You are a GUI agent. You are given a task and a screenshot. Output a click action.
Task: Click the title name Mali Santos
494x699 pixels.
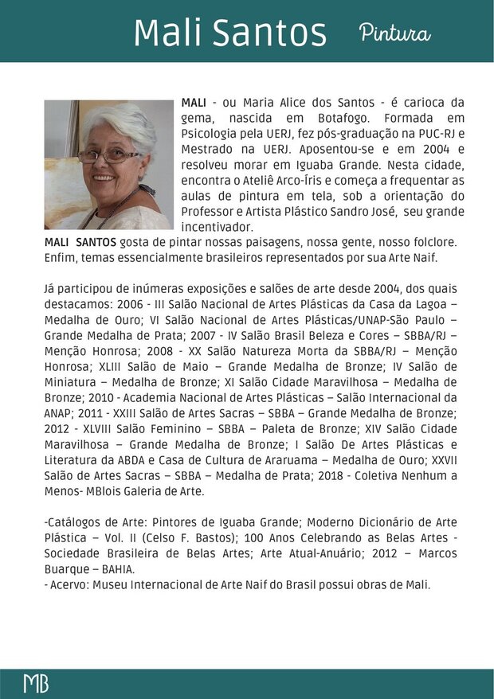coord(229,33)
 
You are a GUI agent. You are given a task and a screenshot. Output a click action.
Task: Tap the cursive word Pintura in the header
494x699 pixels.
coord(394,33)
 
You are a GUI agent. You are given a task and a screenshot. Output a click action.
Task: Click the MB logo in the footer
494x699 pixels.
coord(35,682)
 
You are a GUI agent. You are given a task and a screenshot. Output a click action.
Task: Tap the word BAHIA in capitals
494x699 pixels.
coord(113,569)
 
